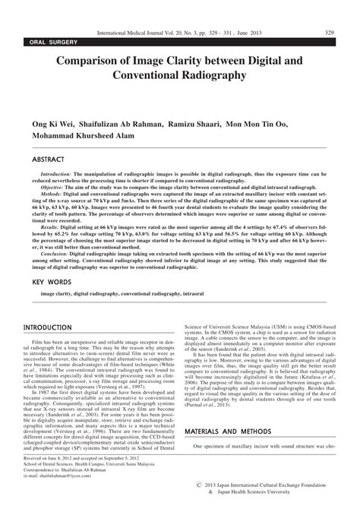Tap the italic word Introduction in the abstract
pos(55,174)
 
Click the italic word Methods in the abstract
pos(49,194)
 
